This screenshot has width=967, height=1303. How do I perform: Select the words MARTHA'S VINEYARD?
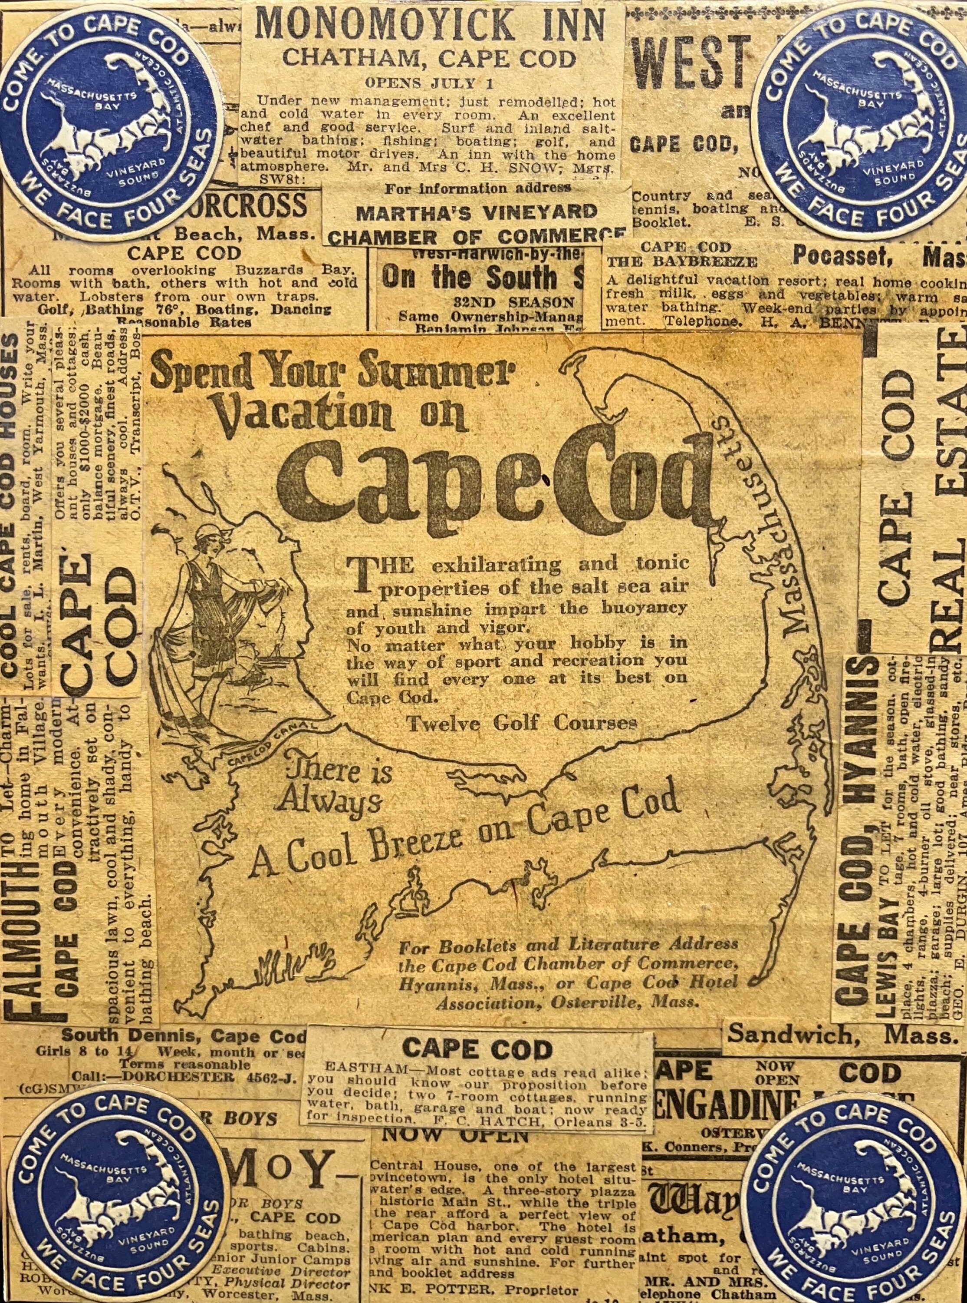tap(477, 212)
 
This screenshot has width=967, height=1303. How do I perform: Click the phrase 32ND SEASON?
tap(514, 302)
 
